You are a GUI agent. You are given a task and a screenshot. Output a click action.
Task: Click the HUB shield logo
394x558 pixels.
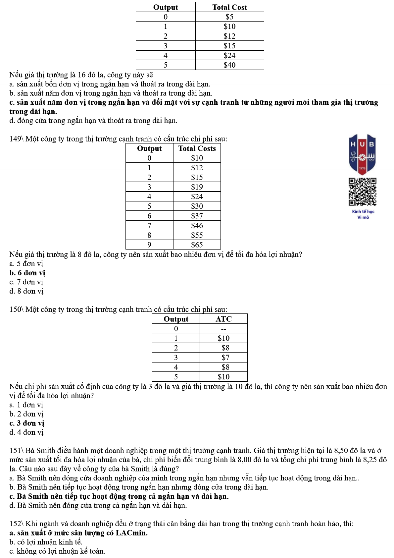(x=362, y=154)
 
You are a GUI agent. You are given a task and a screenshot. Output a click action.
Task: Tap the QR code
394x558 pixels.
(x=362, y=192)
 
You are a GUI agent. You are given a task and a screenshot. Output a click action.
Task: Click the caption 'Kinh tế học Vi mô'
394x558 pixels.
(x=363, y=214)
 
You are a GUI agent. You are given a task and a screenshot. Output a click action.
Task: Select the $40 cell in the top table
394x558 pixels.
(x=229, y=65)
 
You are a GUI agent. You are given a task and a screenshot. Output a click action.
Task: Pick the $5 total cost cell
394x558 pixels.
(x=229, y=17)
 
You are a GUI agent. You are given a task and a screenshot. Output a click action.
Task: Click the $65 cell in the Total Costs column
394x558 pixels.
(x=197, y=245)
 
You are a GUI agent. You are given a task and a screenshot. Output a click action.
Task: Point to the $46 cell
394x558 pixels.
(x=197, y=226)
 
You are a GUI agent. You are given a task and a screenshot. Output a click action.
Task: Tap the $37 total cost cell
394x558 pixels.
(x=197, y=216)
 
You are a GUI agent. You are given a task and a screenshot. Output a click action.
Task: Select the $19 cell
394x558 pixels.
(x=197, y=187)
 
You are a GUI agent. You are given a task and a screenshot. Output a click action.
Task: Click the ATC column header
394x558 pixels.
(x=223, y=319)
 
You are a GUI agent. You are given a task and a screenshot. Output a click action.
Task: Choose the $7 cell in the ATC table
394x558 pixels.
(x=225, y=358)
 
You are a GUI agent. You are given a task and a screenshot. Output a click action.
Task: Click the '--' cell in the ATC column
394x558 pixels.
(x=223, y=329)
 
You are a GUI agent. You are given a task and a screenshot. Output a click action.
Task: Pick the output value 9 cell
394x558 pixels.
(x=149, y=245)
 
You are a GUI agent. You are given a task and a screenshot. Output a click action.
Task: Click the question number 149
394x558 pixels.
(x=15, y=139)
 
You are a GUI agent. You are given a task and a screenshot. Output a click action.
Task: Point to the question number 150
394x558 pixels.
(x=15, y=309)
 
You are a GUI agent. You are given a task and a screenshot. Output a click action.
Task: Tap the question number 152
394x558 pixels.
(x=15, y=524)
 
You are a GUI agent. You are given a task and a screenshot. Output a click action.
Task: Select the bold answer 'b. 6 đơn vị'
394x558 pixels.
(x=27, y=273)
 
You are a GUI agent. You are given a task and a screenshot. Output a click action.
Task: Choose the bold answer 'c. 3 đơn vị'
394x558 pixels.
(x=27, y=423)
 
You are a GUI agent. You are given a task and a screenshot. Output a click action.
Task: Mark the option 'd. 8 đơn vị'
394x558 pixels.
(x=26, y=291)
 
